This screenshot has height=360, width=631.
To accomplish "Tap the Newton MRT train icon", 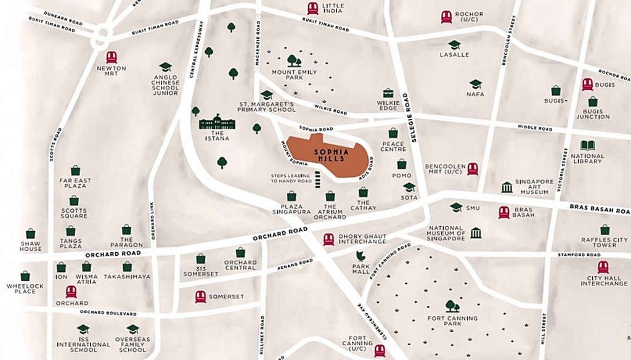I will [112, 57].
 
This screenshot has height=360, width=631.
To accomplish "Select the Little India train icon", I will [313, 8].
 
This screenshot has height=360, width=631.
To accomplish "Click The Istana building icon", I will [218, 123].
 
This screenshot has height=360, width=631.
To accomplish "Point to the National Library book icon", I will [588, 145].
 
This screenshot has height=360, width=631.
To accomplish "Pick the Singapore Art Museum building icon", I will [507, 187].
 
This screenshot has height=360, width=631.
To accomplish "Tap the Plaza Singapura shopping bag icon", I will [291, 196].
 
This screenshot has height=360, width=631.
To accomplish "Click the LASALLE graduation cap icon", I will [454, 45].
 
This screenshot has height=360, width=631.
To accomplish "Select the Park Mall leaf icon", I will [360, 256].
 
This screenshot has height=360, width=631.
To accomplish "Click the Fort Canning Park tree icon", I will [452, 306].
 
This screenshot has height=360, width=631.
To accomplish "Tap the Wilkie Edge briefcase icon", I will [388, 93].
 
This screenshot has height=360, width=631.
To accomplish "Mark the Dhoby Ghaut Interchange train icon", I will [328, 239].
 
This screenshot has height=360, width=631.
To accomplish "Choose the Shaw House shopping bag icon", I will [30, 234].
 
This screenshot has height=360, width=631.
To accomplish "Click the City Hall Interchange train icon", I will [603, 267].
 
